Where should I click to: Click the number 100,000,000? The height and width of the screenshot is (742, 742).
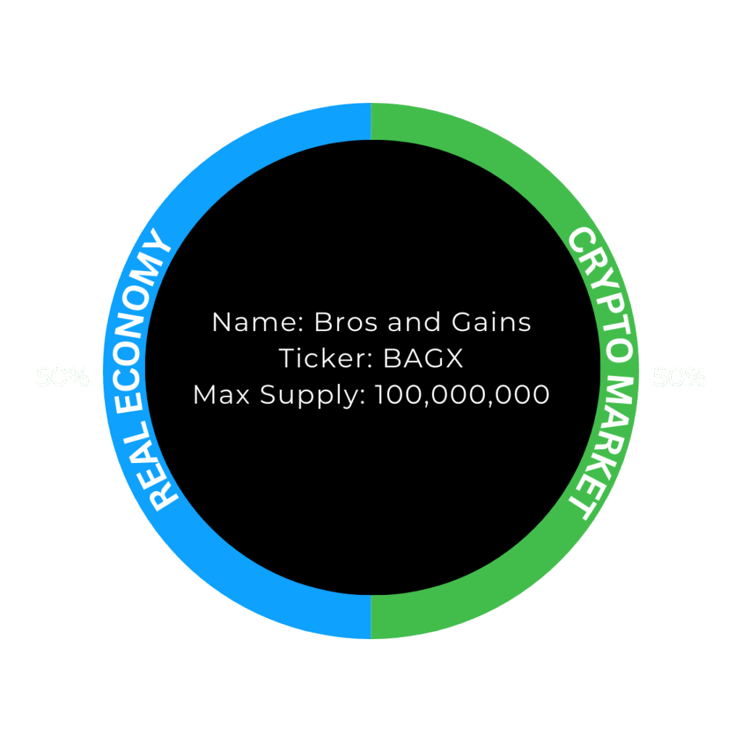point(462,396)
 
